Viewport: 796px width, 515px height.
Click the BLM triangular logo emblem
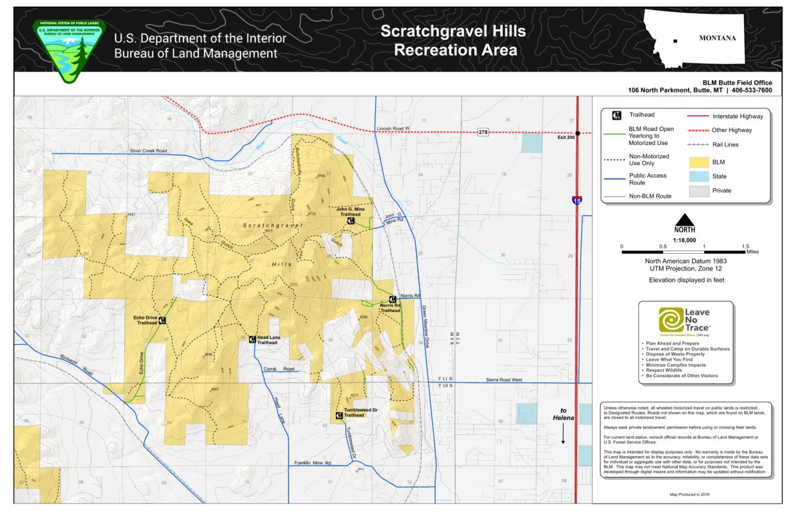point(69,48)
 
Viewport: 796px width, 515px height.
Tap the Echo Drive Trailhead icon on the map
point(162,321)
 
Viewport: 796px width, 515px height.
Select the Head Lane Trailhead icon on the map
point(252,339)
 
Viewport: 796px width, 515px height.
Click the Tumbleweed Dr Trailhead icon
point(339,415)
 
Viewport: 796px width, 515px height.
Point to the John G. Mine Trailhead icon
point(351,220)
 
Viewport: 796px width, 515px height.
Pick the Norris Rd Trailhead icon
point(393,300)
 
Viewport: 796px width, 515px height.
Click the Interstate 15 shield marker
point(576,200)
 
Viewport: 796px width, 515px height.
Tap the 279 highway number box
point(483,133)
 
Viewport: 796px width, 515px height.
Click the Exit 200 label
point(566,138)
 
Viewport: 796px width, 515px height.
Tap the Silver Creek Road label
point(148,151)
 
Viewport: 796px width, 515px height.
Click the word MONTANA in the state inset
point(717,38)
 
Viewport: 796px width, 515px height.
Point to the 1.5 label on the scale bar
point(745,246)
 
